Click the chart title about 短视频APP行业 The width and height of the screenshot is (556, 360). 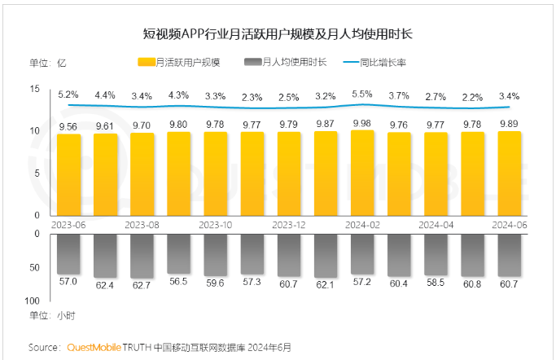point(276,35)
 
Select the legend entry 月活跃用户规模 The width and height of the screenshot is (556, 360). point(186,62)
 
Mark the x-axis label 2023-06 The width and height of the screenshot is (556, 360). point(68,223)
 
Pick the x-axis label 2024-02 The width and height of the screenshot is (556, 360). point(362,223)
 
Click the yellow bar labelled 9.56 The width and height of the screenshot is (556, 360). point(68,174)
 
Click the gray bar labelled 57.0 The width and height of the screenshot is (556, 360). point(68,254)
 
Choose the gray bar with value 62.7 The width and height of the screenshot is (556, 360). point(142,256)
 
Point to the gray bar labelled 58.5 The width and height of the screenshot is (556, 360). point(436,254)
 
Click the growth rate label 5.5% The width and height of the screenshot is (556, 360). point(362,94)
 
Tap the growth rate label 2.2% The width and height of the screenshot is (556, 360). point(473,97)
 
